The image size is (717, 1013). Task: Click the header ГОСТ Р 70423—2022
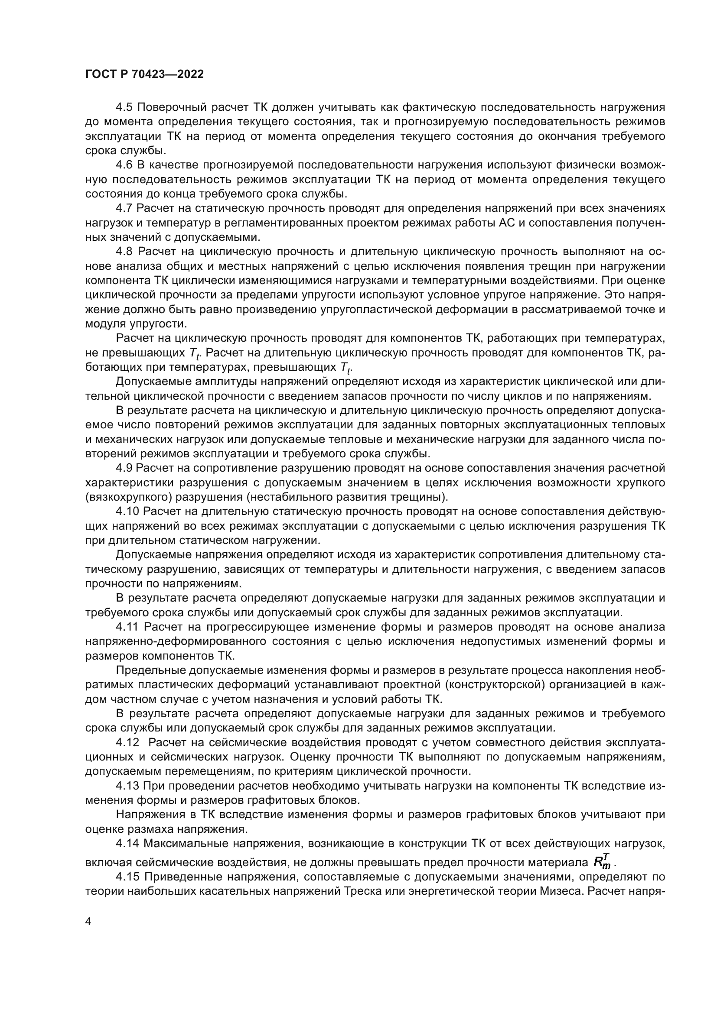point(144,74)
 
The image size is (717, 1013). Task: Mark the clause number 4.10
point(127,511)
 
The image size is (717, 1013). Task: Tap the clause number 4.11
point(127,627)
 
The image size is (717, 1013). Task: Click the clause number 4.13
point(127,786)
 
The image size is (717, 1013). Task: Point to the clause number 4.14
point(127,844)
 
